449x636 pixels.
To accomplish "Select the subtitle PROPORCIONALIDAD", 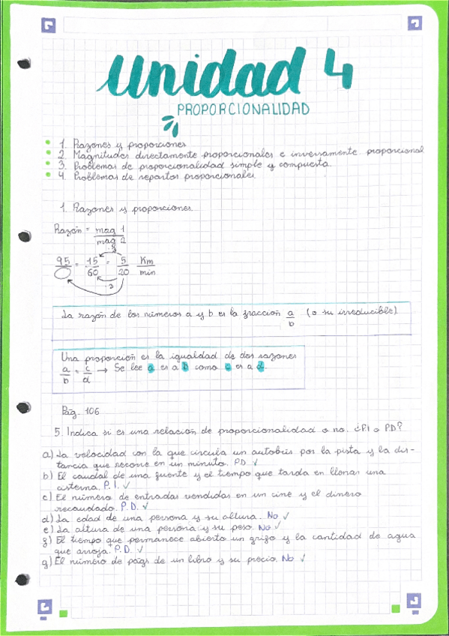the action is (244, 109).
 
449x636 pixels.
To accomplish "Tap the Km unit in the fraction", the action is (146, 260).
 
